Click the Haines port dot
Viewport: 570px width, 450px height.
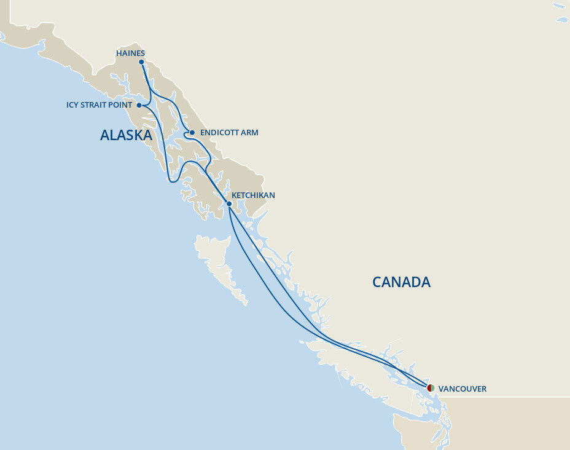point(142,62)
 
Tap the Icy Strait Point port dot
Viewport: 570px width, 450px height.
point(139,105)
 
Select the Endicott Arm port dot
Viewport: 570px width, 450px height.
point(192,133)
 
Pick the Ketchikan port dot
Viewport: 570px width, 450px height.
point(229,203)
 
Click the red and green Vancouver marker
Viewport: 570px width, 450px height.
point(431,388)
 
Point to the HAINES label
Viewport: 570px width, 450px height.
point(130,53)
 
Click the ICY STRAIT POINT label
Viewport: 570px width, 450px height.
point(99,105)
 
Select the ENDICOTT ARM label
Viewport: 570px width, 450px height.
point(229,133)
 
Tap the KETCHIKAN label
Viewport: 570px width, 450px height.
point(254,195)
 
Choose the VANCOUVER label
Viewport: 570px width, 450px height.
point(463,389)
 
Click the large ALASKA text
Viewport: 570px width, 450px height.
point(126,135)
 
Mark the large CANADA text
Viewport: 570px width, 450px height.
point(401,282)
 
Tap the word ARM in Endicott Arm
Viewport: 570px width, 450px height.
point(249,133)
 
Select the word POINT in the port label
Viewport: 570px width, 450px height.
point(120,105)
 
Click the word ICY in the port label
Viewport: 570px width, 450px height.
point(72,105)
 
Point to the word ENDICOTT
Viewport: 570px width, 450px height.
point(219,133)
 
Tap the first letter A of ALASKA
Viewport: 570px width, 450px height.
point(105,135)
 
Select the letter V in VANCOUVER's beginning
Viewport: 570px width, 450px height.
point(441,389)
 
